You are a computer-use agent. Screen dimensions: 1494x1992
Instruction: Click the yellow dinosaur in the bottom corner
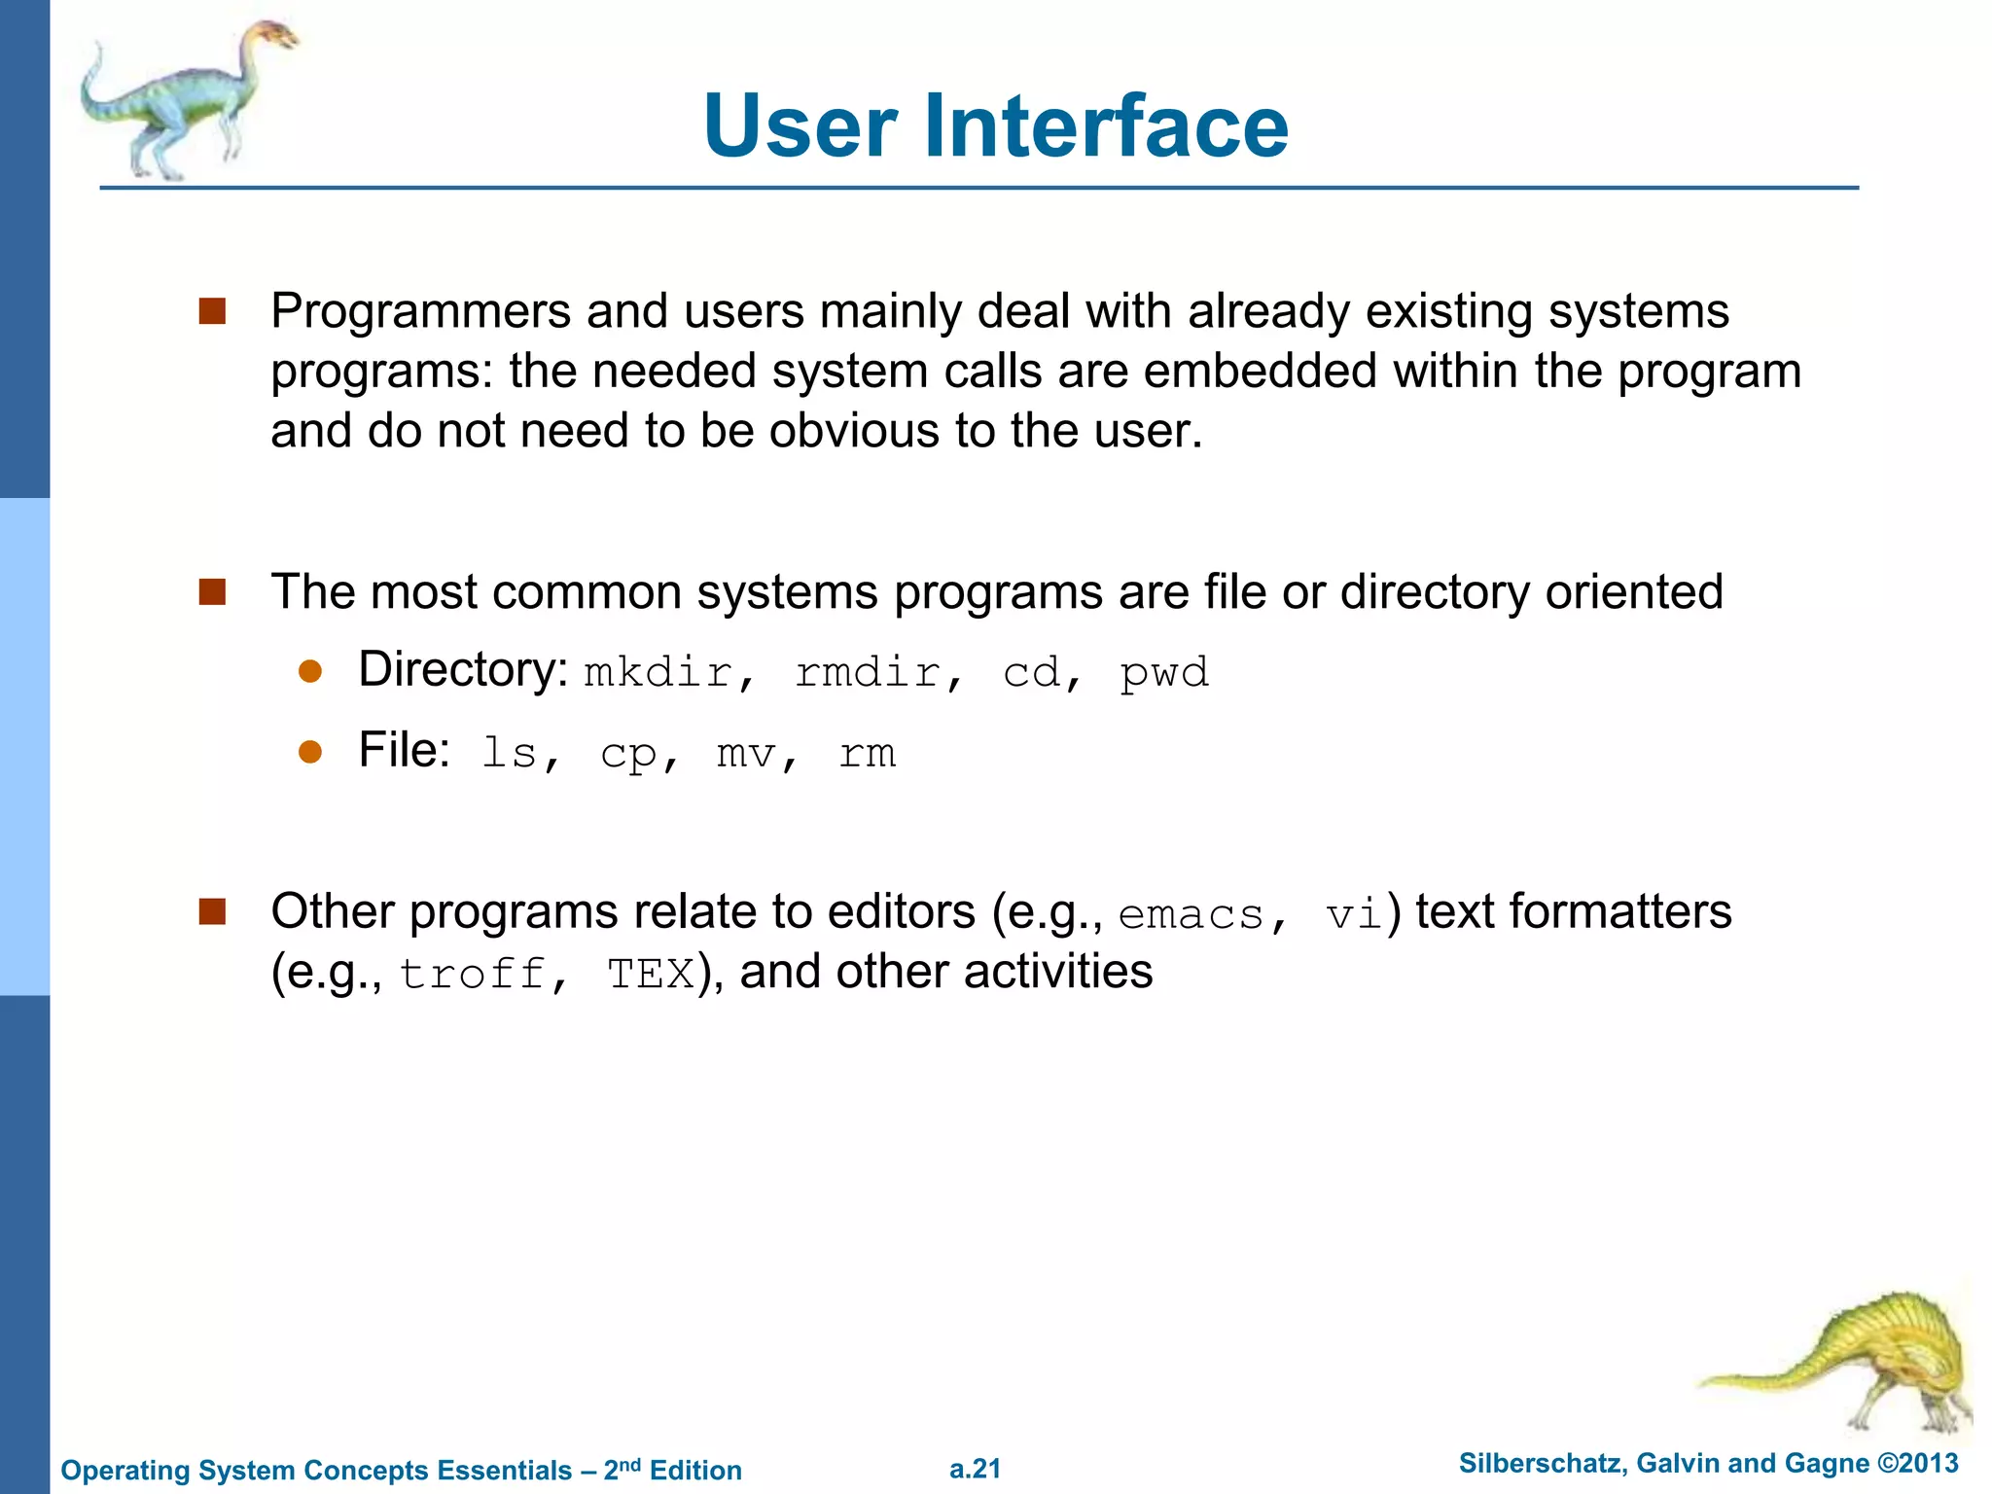[1858, 1362]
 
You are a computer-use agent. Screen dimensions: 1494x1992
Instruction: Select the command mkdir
[658, 673]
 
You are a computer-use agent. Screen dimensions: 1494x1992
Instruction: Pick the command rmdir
[868, 673]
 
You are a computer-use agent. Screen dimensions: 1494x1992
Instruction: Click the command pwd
[1164, 673]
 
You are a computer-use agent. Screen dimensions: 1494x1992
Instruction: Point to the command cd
[1031, 673]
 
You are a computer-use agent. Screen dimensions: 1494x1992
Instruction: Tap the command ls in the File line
[510, 754]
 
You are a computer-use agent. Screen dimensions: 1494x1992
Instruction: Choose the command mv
[746, 754]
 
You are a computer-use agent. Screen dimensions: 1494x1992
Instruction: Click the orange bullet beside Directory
[310, 672]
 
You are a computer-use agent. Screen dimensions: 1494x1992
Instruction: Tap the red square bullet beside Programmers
[212, 311]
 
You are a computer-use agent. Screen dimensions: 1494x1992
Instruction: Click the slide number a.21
[975, 1469]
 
